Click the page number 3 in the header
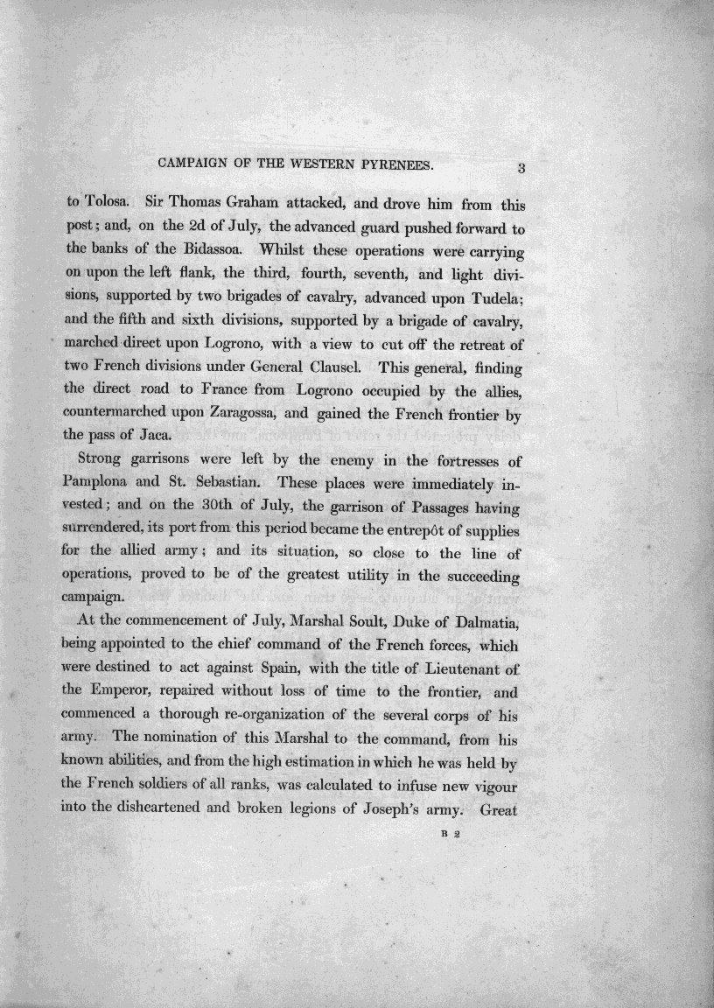pyautogui.click(x=520, y=169)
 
